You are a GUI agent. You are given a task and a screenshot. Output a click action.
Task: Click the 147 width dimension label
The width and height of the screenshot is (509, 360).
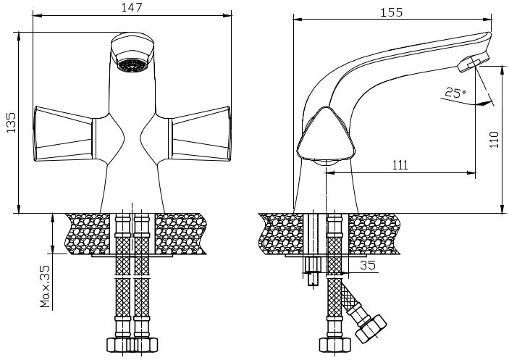pos(132,7)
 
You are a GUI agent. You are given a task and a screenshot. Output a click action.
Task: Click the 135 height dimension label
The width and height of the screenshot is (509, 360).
pos(12,122)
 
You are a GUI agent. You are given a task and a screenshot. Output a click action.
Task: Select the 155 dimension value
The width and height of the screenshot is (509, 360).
pos(391,12)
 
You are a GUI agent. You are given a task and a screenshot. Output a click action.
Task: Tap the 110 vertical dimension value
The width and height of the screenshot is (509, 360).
pos(494,140)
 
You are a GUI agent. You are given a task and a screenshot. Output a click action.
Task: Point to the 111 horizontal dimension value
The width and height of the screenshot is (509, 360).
pos(400,165)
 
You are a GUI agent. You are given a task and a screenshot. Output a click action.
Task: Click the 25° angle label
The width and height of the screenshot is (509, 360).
pos(455,93)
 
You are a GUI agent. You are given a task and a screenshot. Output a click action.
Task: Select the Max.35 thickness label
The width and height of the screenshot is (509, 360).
pos(45,286)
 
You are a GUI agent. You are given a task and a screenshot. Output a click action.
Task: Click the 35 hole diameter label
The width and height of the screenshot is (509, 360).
pos(368,265)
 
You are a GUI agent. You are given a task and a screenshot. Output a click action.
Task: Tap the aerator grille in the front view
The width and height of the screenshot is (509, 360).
pos(132,65)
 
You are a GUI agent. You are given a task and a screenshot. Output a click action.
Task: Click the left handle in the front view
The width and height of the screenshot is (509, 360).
pos(63,134)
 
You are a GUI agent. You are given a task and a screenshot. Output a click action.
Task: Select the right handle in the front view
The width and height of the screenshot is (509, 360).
pos(201,134)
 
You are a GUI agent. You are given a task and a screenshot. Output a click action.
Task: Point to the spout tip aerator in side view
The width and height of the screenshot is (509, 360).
pos(473,63)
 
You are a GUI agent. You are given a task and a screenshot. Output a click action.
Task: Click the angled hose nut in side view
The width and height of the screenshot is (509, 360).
pos(371,328)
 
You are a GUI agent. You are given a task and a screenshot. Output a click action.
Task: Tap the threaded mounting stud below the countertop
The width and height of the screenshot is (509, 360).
pos(313,272)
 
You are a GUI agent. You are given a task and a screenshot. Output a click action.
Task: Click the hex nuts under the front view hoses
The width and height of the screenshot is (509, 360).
pos(132,345)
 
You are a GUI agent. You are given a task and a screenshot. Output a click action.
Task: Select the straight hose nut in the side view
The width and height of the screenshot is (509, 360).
pos(335,345)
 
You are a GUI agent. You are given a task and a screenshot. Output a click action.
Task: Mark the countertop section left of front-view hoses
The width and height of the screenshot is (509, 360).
pos(88,234)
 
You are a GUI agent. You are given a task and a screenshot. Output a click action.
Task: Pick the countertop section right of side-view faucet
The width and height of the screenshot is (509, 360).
pos(374,234)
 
